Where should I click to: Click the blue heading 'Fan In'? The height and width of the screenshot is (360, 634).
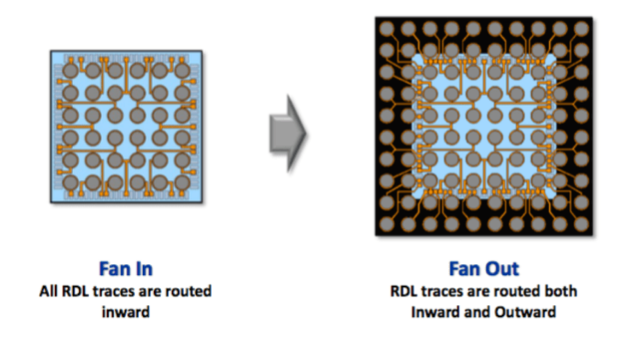coord(126,269)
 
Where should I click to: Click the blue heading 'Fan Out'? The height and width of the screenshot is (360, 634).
coord(484,269)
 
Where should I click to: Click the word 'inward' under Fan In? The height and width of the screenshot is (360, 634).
coord(125,312)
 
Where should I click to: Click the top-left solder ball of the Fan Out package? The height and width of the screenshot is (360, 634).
coord(388,29)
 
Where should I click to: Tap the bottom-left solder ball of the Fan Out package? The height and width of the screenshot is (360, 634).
coord(388,224)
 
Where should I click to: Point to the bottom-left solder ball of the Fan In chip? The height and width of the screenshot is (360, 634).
coord(70,182)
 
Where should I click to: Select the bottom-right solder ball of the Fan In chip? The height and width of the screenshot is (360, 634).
coord(183,182)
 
